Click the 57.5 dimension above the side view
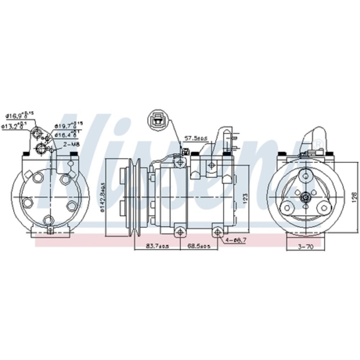(x=195, y=138)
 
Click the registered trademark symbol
(x=318, y=144)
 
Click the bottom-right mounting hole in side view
(x=217, y=232)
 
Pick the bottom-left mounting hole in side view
(x=180, y=232)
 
